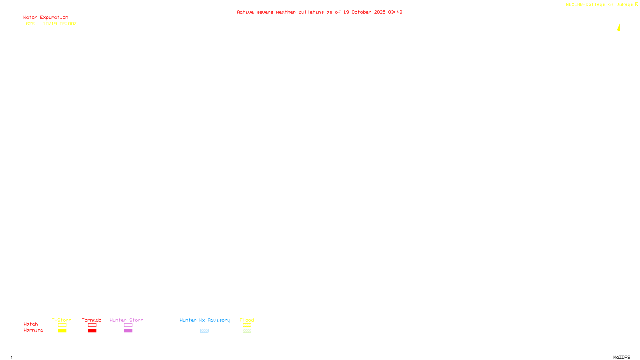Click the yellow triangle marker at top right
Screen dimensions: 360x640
[x=619, y=28]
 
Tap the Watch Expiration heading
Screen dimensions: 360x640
[x=46, y=18]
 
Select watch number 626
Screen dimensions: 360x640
[x=30, y=24]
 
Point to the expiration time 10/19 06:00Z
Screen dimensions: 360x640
[x=60, y=24]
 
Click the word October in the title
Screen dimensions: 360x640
[x=361, y=12]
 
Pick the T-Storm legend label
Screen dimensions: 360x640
[x=62, y=320]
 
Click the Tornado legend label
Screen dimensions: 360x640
[x=92, y=320]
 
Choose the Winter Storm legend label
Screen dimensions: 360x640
[x=126, y=320]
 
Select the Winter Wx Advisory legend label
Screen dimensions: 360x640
[x=205, y=320]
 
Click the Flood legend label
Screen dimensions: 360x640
[x=247, y=320]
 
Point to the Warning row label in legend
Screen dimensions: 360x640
[x=33, y=330]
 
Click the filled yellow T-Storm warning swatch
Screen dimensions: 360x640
[x=62, y=331]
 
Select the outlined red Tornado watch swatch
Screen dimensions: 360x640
[x=92, y=325]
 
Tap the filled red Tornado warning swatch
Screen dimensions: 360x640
[x=92, y=331]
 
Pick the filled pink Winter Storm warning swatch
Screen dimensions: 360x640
[x=128, y=331]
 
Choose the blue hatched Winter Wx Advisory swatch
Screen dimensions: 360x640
[x=204, y=331]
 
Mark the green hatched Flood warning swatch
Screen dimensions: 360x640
[x=247, y=331]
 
